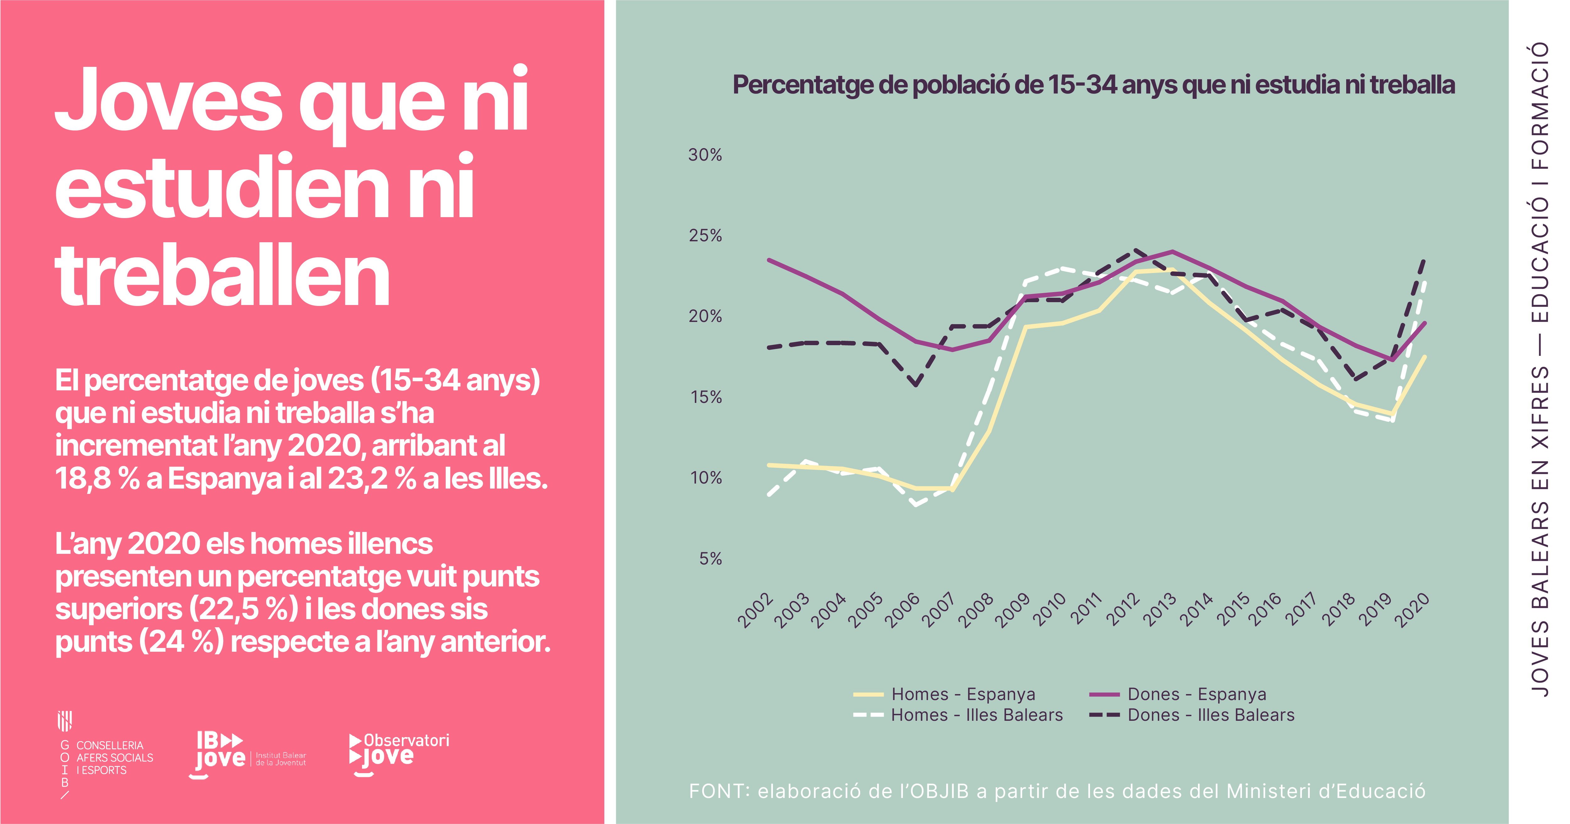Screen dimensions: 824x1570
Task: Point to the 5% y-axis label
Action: [710, 559]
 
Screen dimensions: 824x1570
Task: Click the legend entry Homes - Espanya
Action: [963, 694]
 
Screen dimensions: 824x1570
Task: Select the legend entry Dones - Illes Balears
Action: [1211, 715]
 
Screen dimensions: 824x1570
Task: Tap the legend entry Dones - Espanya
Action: [1196, 694]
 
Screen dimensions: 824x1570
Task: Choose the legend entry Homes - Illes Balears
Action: [976, 715]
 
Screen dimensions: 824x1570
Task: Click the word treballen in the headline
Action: [223, 275]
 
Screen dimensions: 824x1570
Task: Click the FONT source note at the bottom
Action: [1057, 791]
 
